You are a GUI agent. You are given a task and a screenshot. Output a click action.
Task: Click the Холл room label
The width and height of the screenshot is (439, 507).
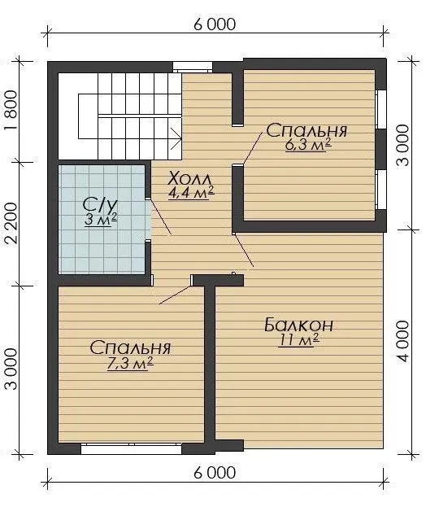[x=190, y=179]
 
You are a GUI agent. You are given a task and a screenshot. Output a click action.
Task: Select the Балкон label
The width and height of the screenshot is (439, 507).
[x=298, y=325]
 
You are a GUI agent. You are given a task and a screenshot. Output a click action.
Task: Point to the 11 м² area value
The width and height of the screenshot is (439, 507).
[x=299, y=339]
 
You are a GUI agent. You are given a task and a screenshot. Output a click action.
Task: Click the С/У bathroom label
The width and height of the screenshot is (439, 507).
[x=100, y=205]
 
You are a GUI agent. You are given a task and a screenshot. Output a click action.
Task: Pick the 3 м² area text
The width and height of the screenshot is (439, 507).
[x=101, y=220]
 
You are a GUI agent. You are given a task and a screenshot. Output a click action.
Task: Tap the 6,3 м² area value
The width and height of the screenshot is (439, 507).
[x=308, y=145]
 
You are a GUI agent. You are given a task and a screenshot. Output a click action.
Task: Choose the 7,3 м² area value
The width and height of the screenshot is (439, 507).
[x=130, y=364]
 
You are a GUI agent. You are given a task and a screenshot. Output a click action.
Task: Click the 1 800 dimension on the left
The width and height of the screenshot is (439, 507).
[x=11, y=110]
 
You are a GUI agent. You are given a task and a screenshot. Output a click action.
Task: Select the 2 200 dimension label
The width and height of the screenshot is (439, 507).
[x=11, y=223]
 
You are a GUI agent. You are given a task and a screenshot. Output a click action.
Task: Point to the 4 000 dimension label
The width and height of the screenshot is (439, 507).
[x=402, y=342]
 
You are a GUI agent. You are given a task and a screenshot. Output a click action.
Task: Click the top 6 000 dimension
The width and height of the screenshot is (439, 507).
[x=215, y=24]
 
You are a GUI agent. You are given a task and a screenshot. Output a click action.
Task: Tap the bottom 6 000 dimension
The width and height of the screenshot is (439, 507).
[x=215, y=473]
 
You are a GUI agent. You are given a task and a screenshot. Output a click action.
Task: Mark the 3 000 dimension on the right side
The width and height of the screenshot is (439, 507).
[x=402, y=146]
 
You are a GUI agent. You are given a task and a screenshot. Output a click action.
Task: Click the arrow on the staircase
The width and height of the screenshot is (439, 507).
[x=175, y=138]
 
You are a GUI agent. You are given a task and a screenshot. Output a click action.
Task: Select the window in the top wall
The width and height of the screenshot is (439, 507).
[x=193, y=67]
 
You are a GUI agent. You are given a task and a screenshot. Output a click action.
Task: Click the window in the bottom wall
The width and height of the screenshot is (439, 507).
[x=131, y=449]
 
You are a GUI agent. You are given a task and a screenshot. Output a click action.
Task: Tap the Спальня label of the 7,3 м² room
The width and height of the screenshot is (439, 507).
[x=130, y=348]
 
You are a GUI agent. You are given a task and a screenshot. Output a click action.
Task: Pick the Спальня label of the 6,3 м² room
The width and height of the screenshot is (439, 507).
[x=306, y=130]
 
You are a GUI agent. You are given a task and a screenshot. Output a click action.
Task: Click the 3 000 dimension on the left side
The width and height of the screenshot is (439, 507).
[x=11, y=369]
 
